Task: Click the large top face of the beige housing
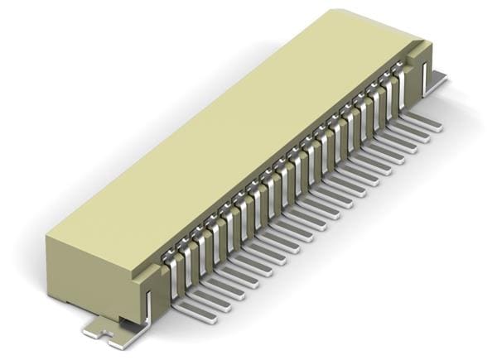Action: pyautogui.click(x=232, y=132)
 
